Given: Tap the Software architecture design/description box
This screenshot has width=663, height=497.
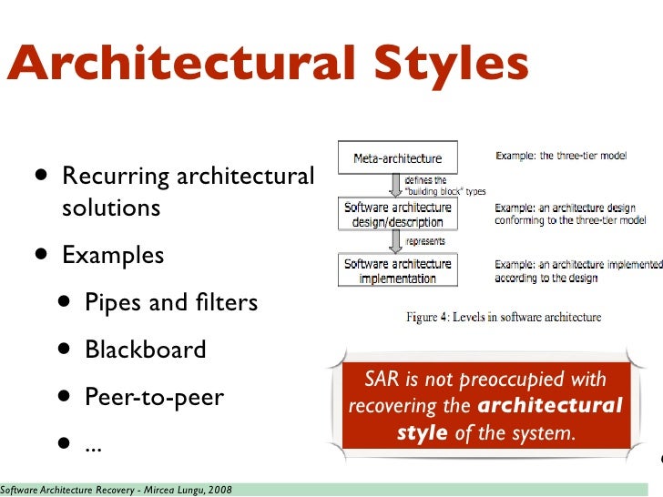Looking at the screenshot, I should (x=397, y=215).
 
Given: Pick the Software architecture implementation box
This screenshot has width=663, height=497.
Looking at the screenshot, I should (x=397, y=270).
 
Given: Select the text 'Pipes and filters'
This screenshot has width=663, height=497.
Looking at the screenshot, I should (x=171, y=302).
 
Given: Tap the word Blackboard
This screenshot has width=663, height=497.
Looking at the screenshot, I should (x=146, y=350).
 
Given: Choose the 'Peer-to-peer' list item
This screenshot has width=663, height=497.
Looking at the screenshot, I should (x=154, y=398).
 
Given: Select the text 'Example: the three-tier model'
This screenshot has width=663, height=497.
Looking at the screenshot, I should (x=561, y=156).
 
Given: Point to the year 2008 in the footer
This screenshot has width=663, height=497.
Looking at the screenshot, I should (x=219, y=491).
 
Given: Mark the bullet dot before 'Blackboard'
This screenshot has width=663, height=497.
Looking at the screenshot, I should (x=65, y=350).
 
